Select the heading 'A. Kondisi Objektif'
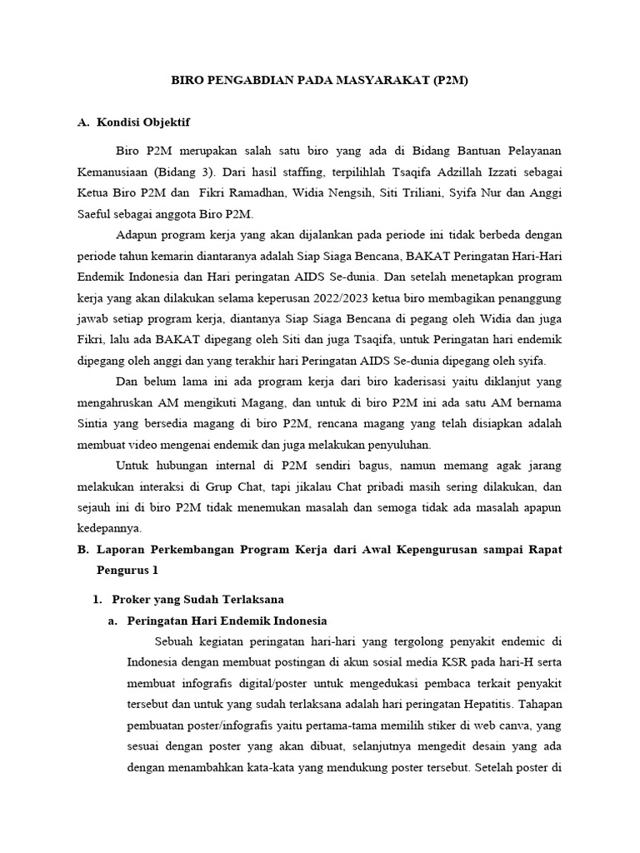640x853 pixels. tap(133, 122)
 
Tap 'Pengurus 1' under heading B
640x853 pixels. tap(127, 571)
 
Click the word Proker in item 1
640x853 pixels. tap(131, 599)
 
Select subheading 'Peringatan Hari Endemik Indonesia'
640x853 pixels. tap(227, 621)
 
